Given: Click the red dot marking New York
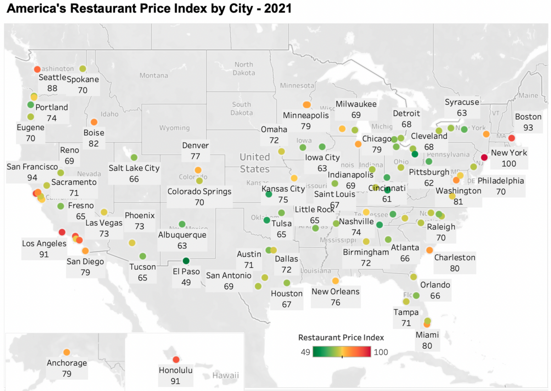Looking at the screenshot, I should click(484, 157).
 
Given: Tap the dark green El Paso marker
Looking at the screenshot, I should click(186, 261).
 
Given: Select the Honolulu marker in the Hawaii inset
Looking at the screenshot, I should click(175, 360).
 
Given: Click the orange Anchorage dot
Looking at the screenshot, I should click(67, 352).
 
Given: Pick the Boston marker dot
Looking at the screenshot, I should click(512, 138).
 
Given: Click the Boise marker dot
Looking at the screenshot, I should click(94, 122).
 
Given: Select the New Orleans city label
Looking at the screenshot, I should click(335, 291).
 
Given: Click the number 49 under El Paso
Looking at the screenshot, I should click(186, 282).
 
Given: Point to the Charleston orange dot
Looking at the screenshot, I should click(429, 250).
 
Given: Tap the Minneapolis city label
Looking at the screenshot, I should click(306, 115).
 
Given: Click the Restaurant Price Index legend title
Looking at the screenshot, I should click(341, 337).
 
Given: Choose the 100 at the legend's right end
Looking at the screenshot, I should click(381, 352).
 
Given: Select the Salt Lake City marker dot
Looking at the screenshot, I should click(134, 158).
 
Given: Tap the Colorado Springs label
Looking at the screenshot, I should click(199, 191).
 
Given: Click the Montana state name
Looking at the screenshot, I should click(154, 75).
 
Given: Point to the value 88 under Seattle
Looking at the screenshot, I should click(52, 88).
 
